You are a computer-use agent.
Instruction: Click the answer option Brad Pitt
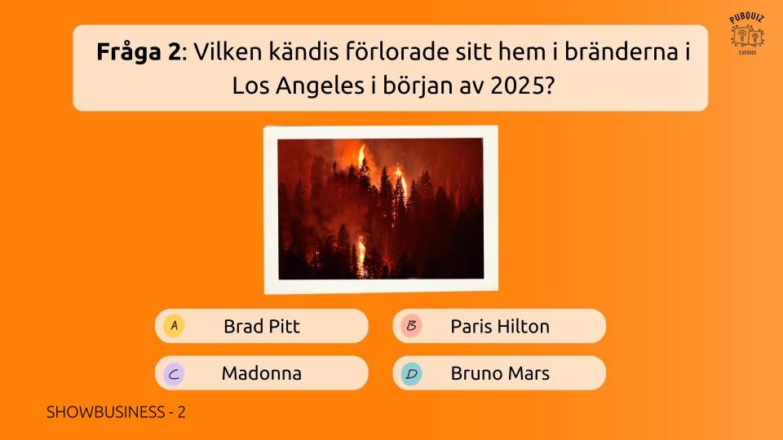coord(262,326)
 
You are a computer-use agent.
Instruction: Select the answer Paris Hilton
coord(499,326)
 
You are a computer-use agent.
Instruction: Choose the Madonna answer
coord(262,373)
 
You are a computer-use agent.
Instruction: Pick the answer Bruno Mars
coord(499,373)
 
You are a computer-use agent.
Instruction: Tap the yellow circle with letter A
coord(174,326)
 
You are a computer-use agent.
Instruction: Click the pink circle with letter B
coord(411,326)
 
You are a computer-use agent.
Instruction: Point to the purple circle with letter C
coord(174,373)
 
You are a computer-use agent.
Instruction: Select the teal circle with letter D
coord(411,373)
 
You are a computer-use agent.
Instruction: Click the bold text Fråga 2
coord(139,52)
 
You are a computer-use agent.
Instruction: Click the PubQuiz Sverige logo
coord(747,34)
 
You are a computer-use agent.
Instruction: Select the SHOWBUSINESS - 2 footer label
coord(116,412)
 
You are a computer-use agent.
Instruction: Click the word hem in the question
coord(522,51)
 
